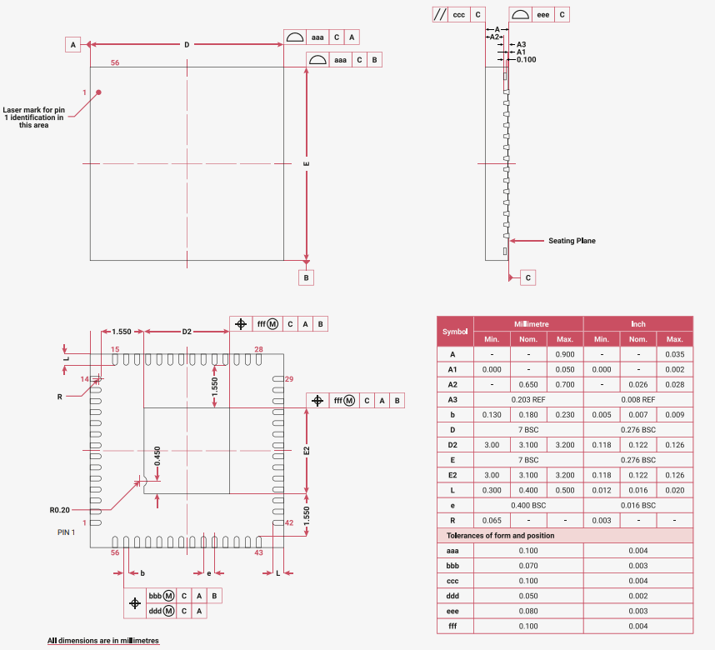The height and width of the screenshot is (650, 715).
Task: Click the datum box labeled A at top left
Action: pyautogui.click(x=73, y=44)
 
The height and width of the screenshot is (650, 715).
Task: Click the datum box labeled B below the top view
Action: pyautogui.click(x=307, y=277)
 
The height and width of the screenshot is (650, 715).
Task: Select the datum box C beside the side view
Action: pyautogui.click(x=527, y=277)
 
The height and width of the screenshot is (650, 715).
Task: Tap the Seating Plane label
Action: pyautogui.click(x=572, y=241)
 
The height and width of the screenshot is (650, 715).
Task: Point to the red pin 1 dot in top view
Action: pyautogui.click(x=98, y=92)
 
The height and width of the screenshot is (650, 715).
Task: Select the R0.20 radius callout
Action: pyautogui.click(x=59, y=509)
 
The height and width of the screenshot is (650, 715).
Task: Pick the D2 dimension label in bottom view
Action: pyautogui.click(x=187, y=332)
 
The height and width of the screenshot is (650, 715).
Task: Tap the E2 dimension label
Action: pyautogui.click(x=307, y=450)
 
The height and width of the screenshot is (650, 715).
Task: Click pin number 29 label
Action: pyautogui.click(x=289, y=379)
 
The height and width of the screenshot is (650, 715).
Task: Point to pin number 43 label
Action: pyautogui.click(x=258, y=552)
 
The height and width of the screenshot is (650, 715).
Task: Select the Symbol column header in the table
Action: pyautogui.click(x=455, y=331)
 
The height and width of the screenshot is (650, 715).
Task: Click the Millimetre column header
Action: pyautogui.click(x=528, y=323)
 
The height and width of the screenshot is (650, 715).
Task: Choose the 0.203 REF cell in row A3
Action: pyautogui.click(x=528, y=399)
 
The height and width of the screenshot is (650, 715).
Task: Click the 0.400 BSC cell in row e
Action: pyautogui.click(x=528, y=505)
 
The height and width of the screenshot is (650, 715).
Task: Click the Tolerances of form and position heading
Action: pyautogui.click(x=500, y=535)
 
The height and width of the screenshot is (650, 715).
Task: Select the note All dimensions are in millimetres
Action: pyautogui.click(x=103, y=641)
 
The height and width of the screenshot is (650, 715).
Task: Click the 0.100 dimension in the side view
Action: pyautogui.click(x=526, y=59)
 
